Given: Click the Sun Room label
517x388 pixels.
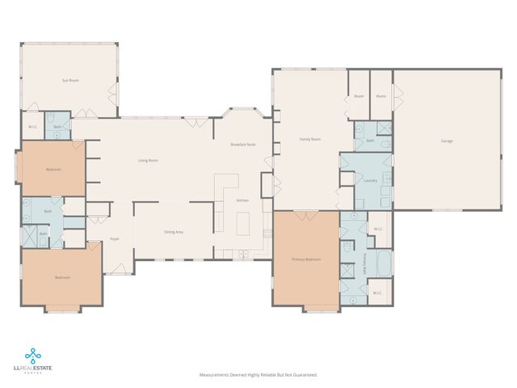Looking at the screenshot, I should (70, 80).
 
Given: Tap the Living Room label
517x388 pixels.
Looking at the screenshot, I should (148, 161).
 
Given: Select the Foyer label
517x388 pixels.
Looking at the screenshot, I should (115, 239).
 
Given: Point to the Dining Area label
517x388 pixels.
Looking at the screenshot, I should (174, 232).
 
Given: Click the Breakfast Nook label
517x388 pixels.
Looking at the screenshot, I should (243, 144).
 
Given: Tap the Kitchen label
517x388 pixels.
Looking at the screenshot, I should (242, 200).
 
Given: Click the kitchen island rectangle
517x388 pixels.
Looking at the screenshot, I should (244, 224).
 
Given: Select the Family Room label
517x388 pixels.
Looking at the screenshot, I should (311, 139).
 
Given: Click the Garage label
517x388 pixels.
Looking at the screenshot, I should (447, 141).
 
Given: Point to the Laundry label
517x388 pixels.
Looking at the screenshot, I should (371, 180).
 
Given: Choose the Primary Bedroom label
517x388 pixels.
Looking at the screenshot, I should (306, 259).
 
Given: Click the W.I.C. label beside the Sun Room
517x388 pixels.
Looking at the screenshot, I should (33, 127).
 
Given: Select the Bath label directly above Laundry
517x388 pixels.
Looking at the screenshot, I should (370, 141).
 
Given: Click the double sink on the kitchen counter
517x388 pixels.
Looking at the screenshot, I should (241, 255).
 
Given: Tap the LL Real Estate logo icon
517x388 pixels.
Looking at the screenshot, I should (33, 353).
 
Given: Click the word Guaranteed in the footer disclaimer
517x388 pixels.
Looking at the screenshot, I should (304, 375).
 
